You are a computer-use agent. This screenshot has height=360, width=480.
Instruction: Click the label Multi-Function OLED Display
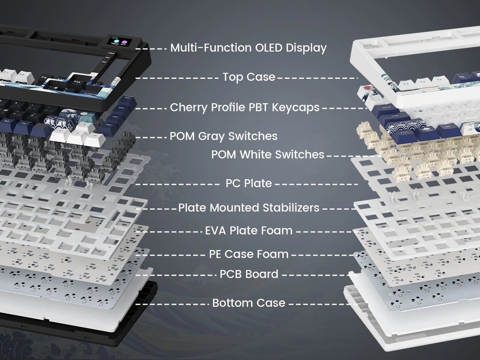point(248,48)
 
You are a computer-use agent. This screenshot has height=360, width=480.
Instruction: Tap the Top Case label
point(249,77)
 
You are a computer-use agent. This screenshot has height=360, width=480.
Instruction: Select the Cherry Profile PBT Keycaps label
point(245,108)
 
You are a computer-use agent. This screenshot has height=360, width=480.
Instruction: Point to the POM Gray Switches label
point(224,136)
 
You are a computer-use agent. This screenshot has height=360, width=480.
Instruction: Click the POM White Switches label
point(268,154)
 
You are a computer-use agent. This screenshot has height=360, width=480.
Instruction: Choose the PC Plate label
point(249,183)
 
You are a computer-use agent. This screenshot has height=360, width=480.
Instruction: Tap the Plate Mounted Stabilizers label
point(249,208)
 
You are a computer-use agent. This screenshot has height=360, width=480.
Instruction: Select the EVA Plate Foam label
point(249,231)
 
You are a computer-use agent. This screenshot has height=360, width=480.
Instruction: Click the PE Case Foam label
point(249,254)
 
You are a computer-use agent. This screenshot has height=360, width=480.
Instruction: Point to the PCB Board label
point(249,274)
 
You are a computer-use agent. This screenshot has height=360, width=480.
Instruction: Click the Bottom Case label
point(249,303)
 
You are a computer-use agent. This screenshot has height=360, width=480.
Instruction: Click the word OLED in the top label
point(269,48)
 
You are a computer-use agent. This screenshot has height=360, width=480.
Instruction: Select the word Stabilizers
point(291,208)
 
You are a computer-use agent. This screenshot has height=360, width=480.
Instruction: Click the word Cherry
point(189,108)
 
